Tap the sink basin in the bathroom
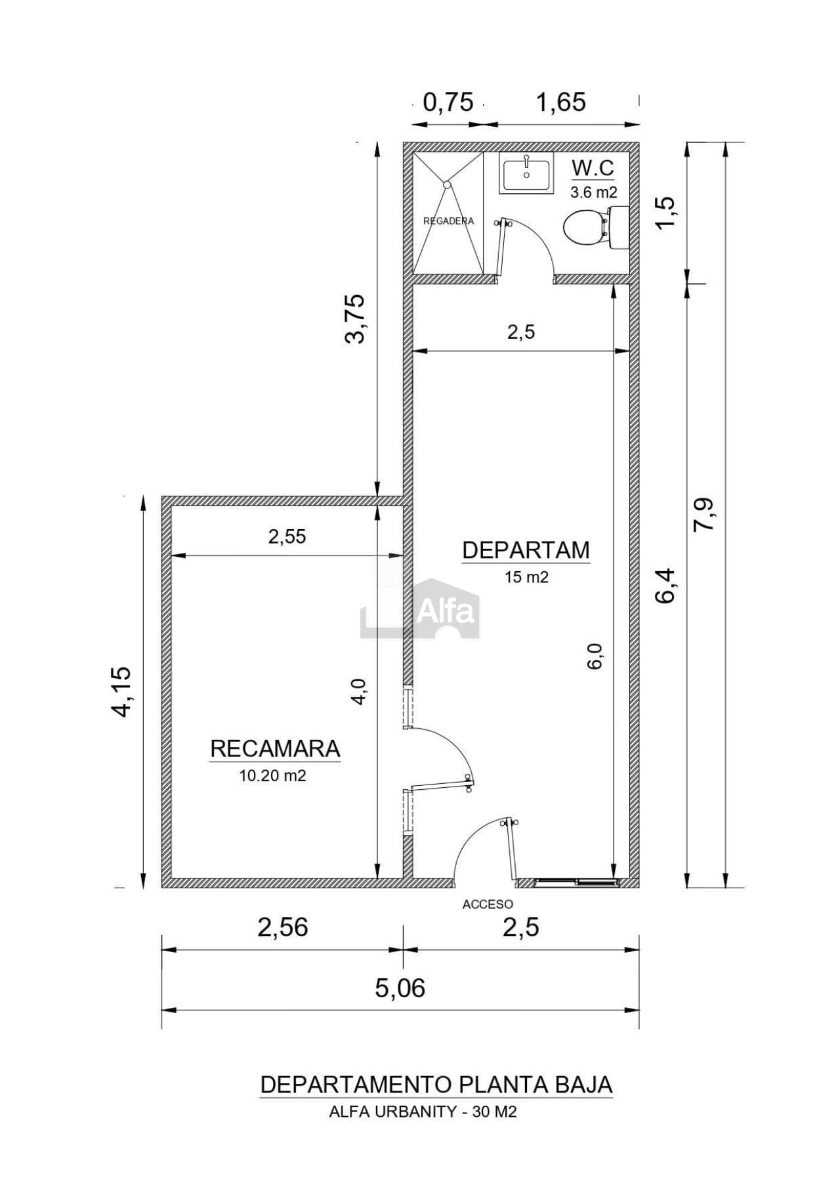(x=526, y=173)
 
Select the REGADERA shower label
(x=448, y=221)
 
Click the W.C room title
(x=593, y=168)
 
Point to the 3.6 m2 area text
(x=593, y=192)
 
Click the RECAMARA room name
(x=275, y=748)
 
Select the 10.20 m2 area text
(x=272, y=775)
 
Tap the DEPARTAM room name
(x=526, y=550)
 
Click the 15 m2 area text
(x=526, y=577)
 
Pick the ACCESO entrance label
(x=488, y=904)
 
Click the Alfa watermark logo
(x=420, y=607)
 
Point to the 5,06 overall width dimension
(x=400, y=987)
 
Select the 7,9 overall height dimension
(x=707, y=514)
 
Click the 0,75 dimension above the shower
(x=448, y=102)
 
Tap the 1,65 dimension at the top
(x=561, y=102)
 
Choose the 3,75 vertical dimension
(x=355, y=318)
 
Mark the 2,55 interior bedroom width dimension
(x=287, y=537)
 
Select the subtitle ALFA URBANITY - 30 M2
(x=423, y=1112)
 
